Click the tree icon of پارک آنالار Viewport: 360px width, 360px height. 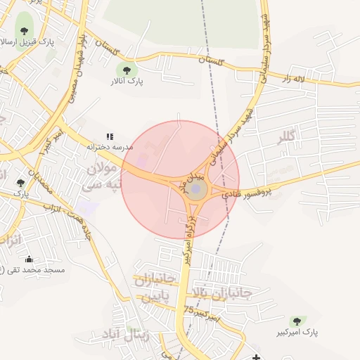pos(127,70)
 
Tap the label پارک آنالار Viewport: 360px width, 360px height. pos(127,82)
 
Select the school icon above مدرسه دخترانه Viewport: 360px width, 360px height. pos(110,136)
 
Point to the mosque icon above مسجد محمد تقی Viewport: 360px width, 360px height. pos(29,259)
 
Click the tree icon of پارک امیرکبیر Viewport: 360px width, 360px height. pos(293,321)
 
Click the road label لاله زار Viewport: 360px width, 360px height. pos(297,79)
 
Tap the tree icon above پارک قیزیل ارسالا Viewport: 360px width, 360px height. pos(25,30)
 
